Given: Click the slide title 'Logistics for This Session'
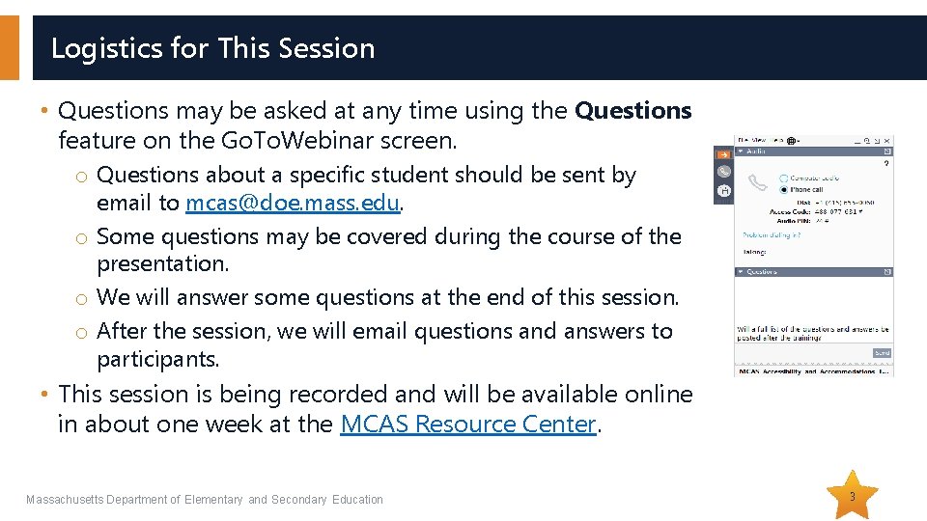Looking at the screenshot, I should (x=212, y=48).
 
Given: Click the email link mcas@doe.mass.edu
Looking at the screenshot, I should (x=294, y=203).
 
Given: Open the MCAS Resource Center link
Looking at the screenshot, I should (x=468, y=425).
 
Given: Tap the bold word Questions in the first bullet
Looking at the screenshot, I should (x=632, y=111).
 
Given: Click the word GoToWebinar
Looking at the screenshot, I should (x=327, y=141).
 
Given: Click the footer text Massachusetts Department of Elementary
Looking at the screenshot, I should (x=134, y=500).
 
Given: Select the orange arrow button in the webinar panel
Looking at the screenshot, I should (x=721, y=153).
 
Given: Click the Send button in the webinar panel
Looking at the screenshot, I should (x=882, y=353).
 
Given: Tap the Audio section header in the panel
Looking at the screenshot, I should (x=757, y=151).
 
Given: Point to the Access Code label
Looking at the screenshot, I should (x=790, y=211).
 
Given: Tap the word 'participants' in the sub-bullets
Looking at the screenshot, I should (x=157, y=361).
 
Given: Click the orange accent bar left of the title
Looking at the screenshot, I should (x=9, y=48).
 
